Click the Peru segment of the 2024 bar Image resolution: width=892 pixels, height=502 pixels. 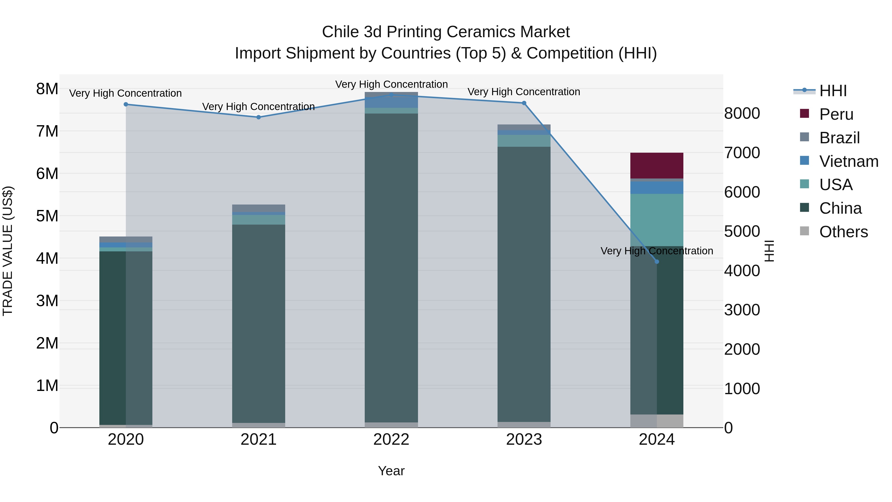657,165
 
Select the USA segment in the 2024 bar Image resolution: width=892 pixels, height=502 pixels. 657,220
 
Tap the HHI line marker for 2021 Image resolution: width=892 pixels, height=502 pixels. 258,117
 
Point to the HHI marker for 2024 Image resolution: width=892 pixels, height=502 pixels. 657,262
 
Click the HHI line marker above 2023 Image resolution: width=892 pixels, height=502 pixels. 524,103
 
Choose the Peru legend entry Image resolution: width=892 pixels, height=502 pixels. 836,114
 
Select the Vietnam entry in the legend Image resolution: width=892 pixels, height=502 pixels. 848,161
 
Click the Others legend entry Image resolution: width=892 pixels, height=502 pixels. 843,232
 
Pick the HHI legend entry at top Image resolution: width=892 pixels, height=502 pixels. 833,91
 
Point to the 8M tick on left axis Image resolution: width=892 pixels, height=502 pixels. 47,89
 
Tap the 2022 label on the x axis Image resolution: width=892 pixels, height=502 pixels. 391,440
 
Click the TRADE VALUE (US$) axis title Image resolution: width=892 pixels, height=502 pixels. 8,251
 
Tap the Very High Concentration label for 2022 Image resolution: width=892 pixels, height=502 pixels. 391,84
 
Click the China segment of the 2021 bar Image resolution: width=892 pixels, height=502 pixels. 258,322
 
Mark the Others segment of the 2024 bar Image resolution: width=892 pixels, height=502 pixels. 657,421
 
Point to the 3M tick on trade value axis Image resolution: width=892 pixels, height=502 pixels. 47,301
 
